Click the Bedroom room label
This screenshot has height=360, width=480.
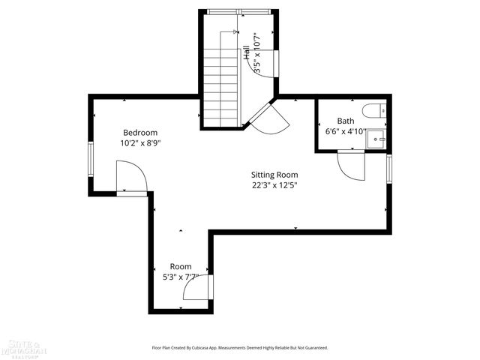pyautogui.click(x=140, y=132)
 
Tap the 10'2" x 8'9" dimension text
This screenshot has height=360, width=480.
pyautogui.click(x=140, y=142)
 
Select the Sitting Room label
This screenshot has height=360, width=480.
pyautogui.click(x=275, y=174)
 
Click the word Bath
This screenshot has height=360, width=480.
pyautogui.click(x=346, y=121)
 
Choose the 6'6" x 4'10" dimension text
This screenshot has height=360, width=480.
pyautogui.click(x=346, y=131)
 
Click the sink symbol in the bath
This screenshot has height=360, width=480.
pyautogui.click(x=376, y=137)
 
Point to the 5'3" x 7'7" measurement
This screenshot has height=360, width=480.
pyautogui.click(x=181, y=277)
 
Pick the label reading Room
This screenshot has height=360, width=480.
pyautogui.click(x=181, y=266)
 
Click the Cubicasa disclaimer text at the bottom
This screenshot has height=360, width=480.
pyautogui.click(x=240, y=348)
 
